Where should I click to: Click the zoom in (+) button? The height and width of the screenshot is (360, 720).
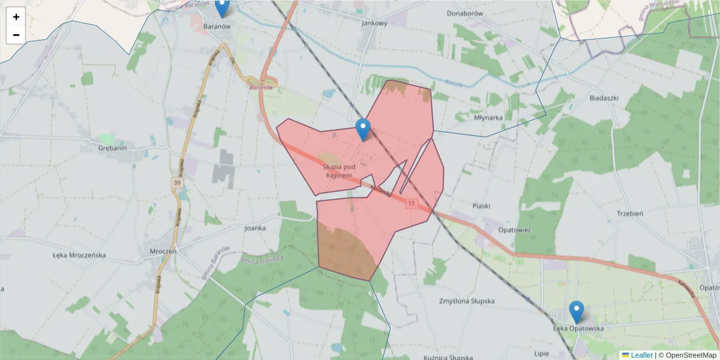tap(16, 17)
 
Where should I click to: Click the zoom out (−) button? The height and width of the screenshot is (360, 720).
tap(16, 35)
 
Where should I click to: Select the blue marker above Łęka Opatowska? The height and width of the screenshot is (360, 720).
tap(577, 311)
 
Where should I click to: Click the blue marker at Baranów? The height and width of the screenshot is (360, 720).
tap(222, 7)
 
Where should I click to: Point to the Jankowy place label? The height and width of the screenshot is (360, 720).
tap(374, 23)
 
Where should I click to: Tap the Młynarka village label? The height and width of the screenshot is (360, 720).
tap(488, 118)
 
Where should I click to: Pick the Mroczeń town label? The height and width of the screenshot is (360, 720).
tap(163, 251)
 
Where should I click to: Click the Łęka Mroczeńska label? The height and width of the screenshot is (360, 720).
tap(79, 255)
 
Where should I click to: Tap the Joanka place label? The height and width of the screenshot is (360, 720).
tap(255, 228)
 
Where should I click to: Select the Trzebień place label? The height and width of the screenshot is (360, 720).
tap(629, 213)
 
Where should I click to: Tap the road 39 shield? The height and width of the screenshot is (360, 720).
tap(176, 182)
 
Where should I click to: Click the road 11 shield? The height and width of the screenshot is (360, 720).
tap(411, 204)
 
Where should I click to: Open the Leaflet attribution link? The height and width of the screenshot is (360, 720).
tap(641, 355)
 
